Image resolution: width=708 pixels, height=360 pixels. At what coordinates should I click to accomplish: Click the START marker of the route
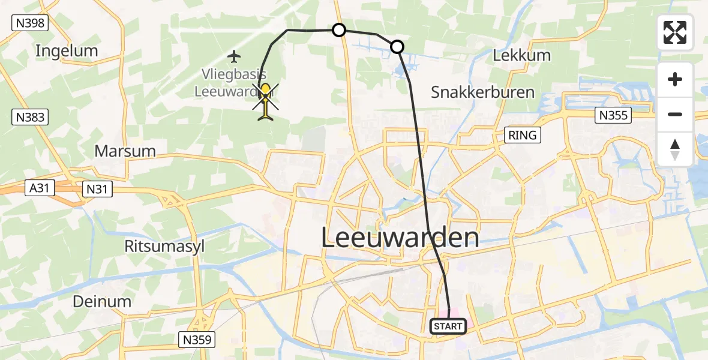click(448, 326)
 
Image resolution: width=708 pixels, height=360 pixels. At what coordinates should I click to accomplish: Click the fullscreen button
click(675, 32)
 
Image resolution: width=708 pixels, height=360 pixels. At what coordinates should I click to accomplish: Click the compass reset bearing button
click(675, 149)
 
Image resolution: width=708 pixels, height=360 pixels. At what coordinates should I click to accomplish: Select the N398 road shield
click(30, 23)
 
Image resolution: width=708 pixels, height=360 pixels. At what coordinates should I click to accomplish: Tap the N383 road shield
click(30, 117)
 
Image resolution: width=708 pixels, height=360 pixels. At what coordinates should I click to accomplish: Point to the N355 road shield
click(613, 115)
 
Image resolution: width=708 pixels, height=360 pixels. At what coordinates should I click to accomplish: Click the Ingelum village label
click(67, 51)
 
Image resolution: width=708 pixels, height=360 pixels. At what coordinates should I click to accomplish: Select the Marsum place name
click(125, 151)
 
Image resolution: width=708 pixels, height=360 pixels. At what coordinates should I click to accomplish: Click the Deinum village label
click(102, 301)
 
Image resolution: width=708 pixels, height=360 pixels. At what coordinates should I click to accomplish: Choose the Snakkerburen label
click(482, 92)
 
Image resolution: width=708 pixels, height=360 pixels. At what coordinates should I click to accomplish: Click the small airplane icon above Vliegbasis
click(234, 56)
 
